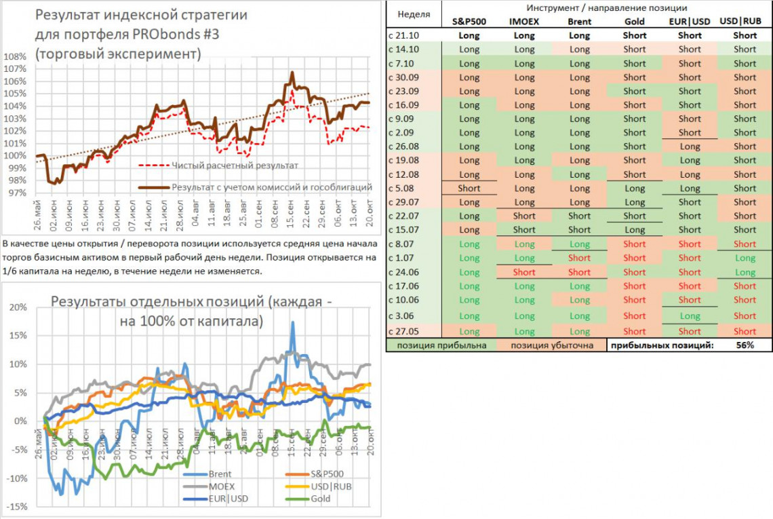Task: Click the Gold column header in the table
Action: coord(635,21)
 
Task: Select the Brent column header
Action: coord(579,21)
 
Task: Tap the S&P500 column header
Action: coord(469,21)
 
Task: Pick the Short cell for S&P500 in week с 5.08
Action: coord(469,189)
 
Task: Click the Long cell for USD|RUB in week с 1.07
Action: coord(745,258)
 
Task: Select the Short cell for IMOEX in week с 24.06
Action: coord(524,272)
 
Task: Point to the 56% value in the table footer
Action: coord(745,345)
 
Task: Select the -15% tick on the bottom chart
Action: coord(16,507)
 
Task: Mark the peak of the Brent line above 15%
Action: coord(293,323)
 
